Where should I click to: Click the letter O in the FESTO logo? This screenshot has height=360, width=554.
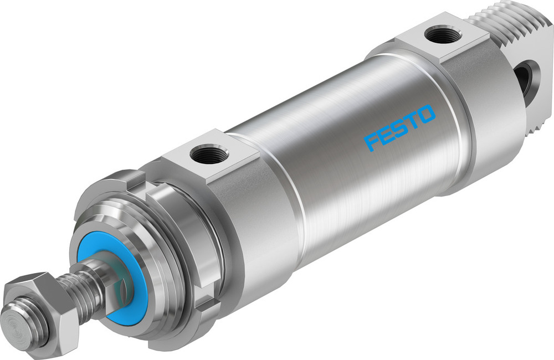427,115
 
